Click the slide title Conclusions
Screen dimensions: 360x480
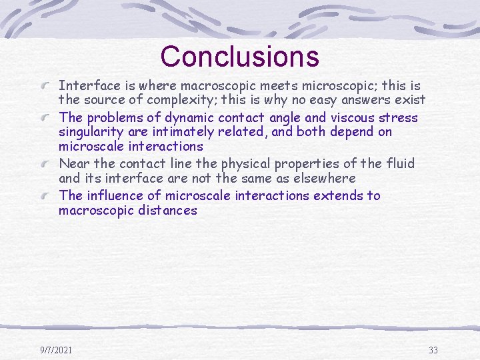(239, 57)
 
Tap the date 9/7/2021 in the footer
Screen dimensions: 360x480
(56, 350)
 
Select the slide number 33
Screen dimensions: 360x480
(433, 350)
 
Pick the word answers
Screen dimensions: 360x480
(367, 100)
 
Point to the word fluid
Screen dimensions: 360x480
(400, 163)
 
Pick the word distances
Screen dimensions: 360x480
(169, 210)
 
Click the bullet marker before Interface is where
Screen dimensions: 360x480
(47, 87)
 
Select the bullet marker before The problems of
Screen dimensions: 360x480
(47, 119)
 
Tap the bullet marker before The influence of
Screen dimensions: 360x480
(47, 196)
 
